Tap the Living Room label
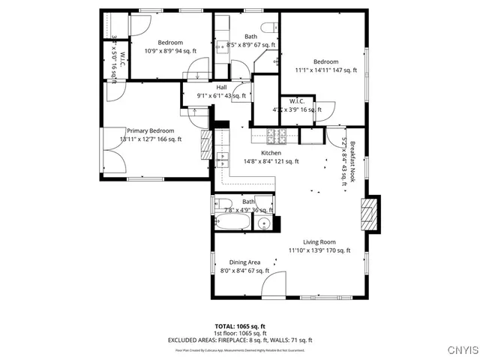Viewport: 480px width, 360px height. pyautogui.click(x=319, y=242)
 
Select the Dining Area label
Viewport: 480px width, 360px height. pyautogui.click(x=244, y=262)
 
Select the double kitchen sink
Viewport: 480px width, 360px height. pyautogui.click(x=223, y=159)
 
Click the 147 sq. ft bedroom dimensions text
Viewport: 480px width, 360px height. pyautogui.click(x=325, y=70)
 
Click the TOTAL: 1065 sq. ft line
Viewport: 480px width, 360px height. pyautogui.click(x=240, y=326)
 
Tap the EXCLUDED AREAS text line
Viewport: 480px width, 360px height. pyautogui.click(x=240, y=340)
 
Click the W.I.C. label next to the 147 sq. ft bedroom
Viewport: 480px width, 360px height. pyautogui.click(x=295, y=101)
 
